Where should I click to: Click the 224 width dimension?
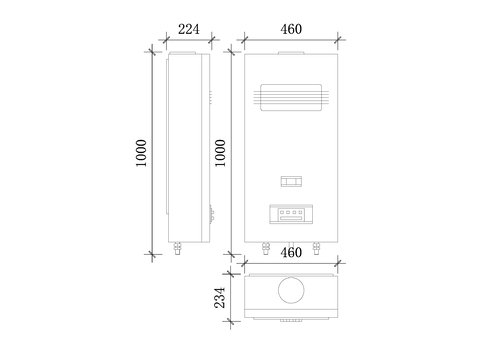[x=189, y=29]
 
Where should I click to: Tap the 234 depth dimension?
[x=220, y=298]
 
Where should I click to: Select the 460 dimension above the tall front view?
[x=291, y=29]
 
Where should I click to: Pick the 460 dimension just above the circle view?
[x=291, y=253]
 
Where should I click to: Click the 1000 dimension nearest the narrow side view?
[x=141, y=153]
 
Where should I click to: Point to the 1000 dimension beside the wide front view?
[x=220, y=153]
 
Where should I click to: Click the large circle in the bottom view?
[x=291, y=290]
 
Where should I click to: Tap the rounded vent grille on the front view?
[x=291, y=97]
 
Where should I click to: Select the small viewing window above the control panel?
[x=291, y=181]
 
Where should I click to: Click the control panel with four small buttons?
[x=291, y=214]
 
